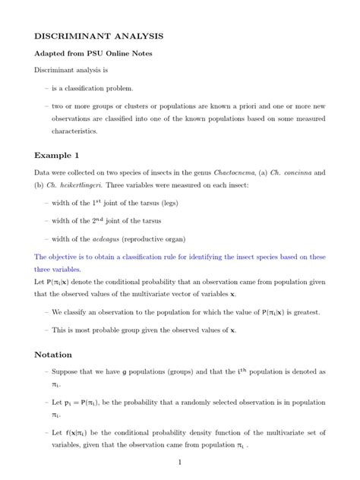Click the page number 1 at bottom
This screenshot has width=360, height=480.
(179, 462)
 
